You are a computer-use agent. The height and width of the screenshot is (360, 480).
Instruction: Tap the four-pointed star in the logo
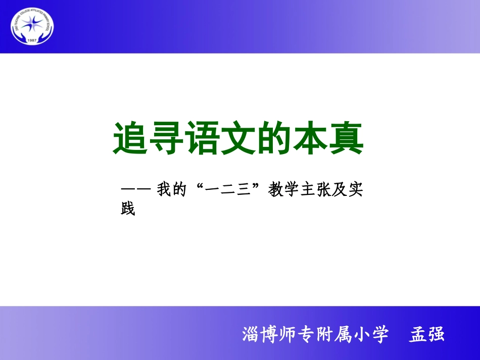pos(32,24)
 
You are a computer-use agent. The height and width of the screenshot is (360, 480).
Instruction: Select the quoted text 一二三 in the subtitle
pos(230,191)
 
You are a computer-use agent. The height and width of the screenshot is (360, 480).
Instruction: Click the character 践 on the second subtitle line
pos(128,209)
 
